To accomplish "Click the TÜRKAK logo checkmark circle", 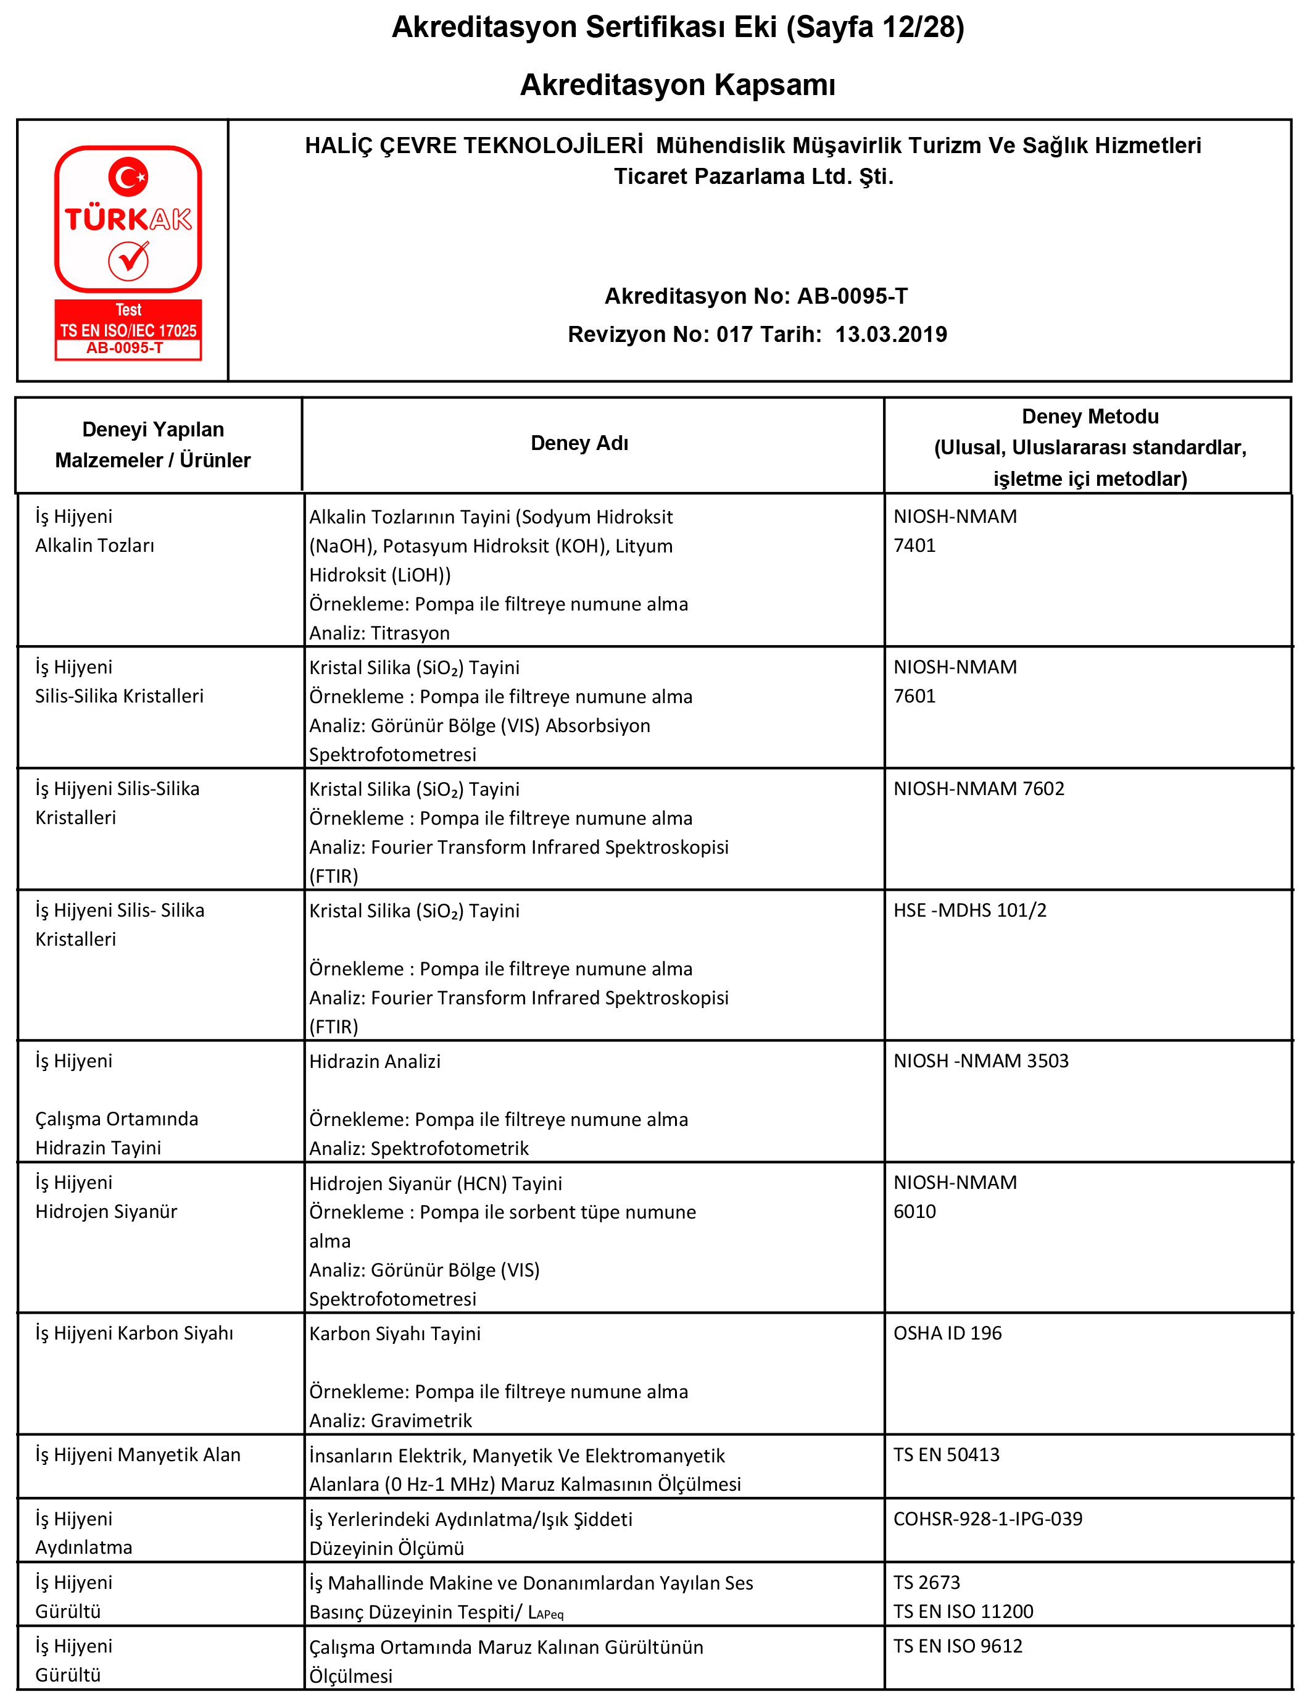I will [x=129, y=260].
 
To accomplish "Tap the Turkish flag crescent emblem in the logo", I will [x=128, y=177].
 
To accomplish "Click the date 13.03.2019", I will [x=890, y=335].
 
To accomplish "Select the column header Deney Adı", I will [x=579, y=443].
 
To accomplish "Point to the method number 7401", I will [x=914, y=545].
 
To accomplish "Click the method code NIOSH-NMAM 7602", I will [x=979, y=788].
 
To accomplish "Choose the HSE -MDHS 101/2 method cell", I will [x=969, y=910].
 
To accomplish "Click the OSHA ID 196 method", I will [x=947, y=1333].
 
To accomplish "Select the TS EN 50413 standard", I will [x=946, y=1454].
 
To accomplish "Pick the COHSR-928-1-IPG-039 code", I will [x=987, y=1519].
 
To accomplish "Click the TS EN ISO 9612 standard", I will [x=958, y=1646].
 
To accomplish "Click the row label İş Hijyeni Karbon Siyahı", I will [x=134, y=1333].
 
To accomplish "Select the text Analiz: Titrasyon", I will [x=379, y=633].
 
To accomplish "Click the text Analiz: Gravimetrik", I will [x=390, y=1420].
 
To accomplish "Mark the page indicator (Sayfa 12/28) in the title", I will [x=875, y=27].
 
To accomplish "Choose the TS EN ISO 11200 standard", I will [x=963, y=1611].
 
